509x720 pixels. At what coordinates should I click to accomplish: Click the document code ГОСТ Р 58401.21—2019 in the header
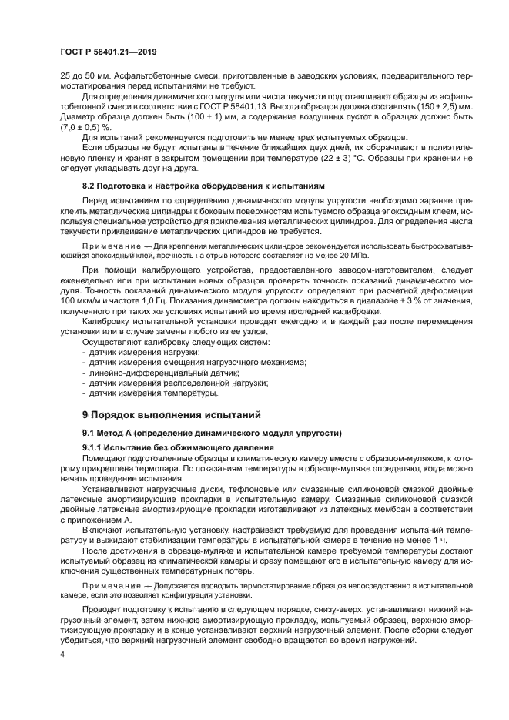coord(109,52)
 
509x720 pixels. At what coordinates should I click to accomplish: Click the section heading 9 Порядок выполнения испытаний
coord(172,414)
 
